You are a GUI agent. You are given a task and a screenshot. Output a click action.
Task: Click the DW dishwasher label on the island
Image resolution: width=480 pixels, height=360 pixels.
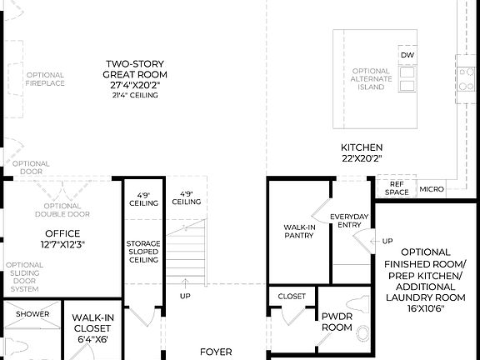point(407,56)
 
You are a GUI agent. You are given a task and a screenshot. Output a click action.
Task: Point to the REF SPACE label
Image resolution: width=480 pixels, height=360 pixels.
point(397,188)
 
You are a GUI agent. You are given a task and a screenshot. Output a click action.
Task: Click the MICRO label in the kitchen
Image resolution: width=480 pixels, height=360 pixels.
point(431,189)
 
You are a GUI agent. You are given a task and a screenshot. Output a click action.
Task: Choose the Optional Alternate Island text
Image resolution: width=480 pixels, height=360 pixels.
point(371,79)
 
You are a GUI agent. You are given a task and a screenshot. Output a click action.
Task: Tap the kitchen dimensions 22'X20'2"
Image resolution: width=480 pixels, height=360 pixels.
point(362,157)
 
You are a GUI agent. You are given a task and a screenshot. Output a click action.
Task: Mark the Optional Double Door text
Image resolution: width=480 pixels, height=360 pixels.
point(62,210)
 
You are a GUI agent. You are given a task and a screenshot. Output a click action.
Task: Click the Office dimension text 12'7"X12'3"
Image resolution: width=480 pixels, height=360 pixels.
point(62,244)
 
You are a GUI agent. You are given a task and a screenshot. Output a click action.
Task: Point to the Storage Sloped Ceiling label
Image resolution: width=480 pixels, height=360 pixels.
point(143,252)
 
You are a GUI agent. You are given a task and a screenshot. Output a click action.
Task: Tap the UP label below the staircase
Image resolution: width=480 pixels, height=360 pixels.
point(184,296)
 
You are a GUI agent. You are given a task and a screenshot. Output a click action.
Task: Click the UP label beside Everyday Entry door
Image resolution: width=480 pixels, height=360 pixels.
point(387,242)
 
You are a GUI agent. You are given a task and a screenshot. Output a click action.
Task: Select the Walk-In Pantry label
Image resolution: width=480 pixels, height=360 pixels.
point(298,231)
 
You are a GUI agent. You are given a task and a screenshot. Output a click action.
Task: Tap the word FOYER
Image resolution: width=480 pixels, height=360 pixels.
point(215,352)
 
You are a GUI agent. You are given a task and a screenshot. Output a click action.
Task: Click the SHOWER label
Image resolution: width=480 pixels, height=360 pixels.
point(32,314)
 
